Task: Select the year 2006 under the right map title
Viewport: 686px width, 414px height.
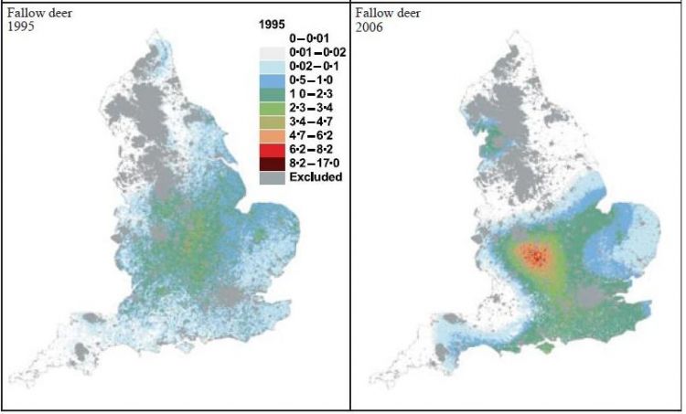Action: click(371, 27)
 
